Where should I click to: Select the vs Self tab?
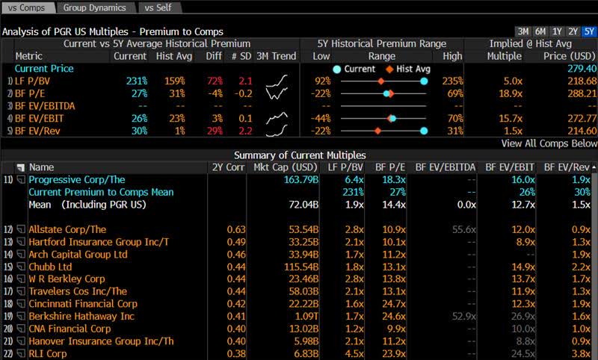coord(158,7)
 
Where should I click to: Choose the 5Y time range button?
coord(589,31)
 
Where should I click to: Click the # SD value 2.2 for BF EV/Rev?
coord(244,131)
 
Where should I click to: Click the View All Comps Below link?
coord(549,143)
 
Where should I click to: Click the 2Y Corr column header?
coord(228,167)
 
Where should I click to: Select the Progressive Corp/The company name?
coord(76,180)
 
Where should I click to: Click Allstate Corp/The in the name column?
coord(67,229)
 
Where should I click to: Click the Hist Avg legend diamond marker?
coord(390,69)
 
